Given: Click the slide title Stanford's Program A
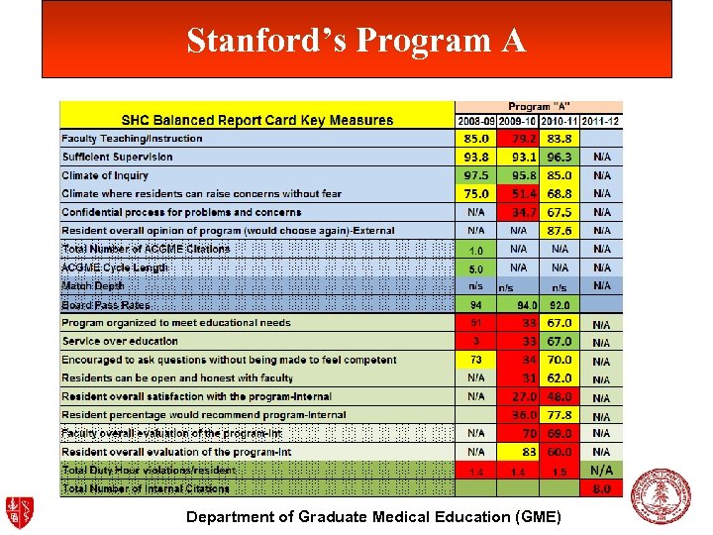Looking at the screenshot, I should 356,40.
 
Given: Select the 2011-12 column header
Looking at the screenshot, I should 602,121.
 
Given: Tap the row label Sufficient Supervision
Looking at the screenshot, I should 117,157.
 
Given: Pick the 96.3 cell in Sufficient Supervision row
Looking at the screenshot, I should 560,157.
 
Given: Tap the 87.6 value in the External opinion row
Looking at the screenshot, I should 560,231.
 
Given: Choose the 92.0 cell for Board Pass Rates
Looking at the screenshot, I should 560,305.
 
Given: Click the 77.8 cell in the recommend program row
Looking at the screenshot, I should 560,415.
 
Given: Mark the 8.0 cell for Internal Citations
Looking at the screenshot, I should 601,488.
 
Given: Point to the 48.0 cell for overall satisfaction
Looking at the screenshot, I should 560,396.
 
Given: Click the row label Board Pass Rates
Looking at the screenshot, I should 106,305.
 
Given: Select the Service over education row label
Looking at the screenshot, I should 120,342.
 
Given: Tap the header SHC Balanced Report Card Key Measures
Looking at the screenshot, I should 257,121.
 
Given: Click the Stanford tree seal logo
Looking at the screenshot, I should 661,495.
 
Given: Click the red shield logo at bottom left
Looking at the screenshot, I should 20,512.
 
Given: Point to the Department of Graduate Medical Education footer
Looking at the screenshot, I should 373,517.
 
